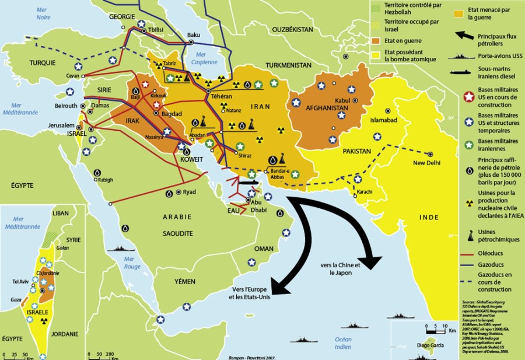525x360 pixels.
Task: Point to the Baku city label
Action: point(193,34)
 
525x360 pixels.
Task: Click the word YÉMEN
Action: point(184,281)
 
